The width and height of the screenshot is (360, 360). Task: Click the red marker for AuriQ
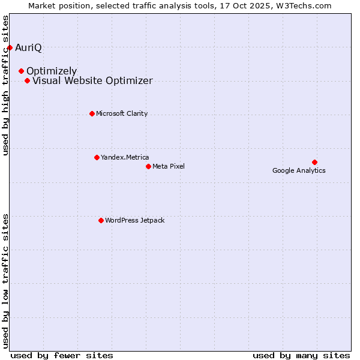10,47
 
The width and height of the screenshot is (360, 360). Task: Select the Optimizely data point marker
21,71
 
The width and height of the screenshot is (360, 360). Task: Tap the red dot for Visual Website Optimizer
27,80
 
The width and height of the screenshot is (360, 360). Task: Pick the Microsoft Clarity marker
92,113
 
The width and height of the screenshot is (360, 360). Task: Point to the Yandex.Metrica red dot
97,157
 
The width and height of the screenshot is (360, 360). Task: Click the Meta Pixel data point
148,166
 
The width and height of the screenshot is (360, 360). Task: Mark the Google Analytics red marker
314,162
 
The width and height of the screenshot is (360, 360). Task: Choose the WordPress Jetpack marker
101,220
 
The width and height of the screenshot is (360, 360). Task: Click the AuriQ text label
28,47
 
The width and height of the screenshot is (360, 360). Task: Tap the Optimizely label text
52,71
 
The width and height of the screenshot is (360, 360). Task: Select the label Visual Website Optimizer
92,80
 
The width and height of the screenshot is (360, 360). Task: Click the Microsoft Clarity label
122,113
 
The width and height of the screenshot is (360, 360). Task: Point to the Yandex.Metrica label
125,157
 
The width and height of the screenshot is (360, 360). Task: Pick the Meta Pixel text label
169,166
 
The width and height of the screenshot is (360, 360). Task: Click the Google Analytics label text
299,170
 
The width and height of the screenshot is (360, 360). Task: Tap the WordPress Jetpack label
134,220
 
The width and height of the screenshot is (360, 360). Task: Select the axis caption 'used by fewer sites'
62,355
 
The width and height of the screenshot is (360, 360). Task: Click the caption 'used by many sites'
301,355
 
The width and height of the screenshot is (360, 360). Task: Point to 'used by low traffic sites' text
6,280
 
